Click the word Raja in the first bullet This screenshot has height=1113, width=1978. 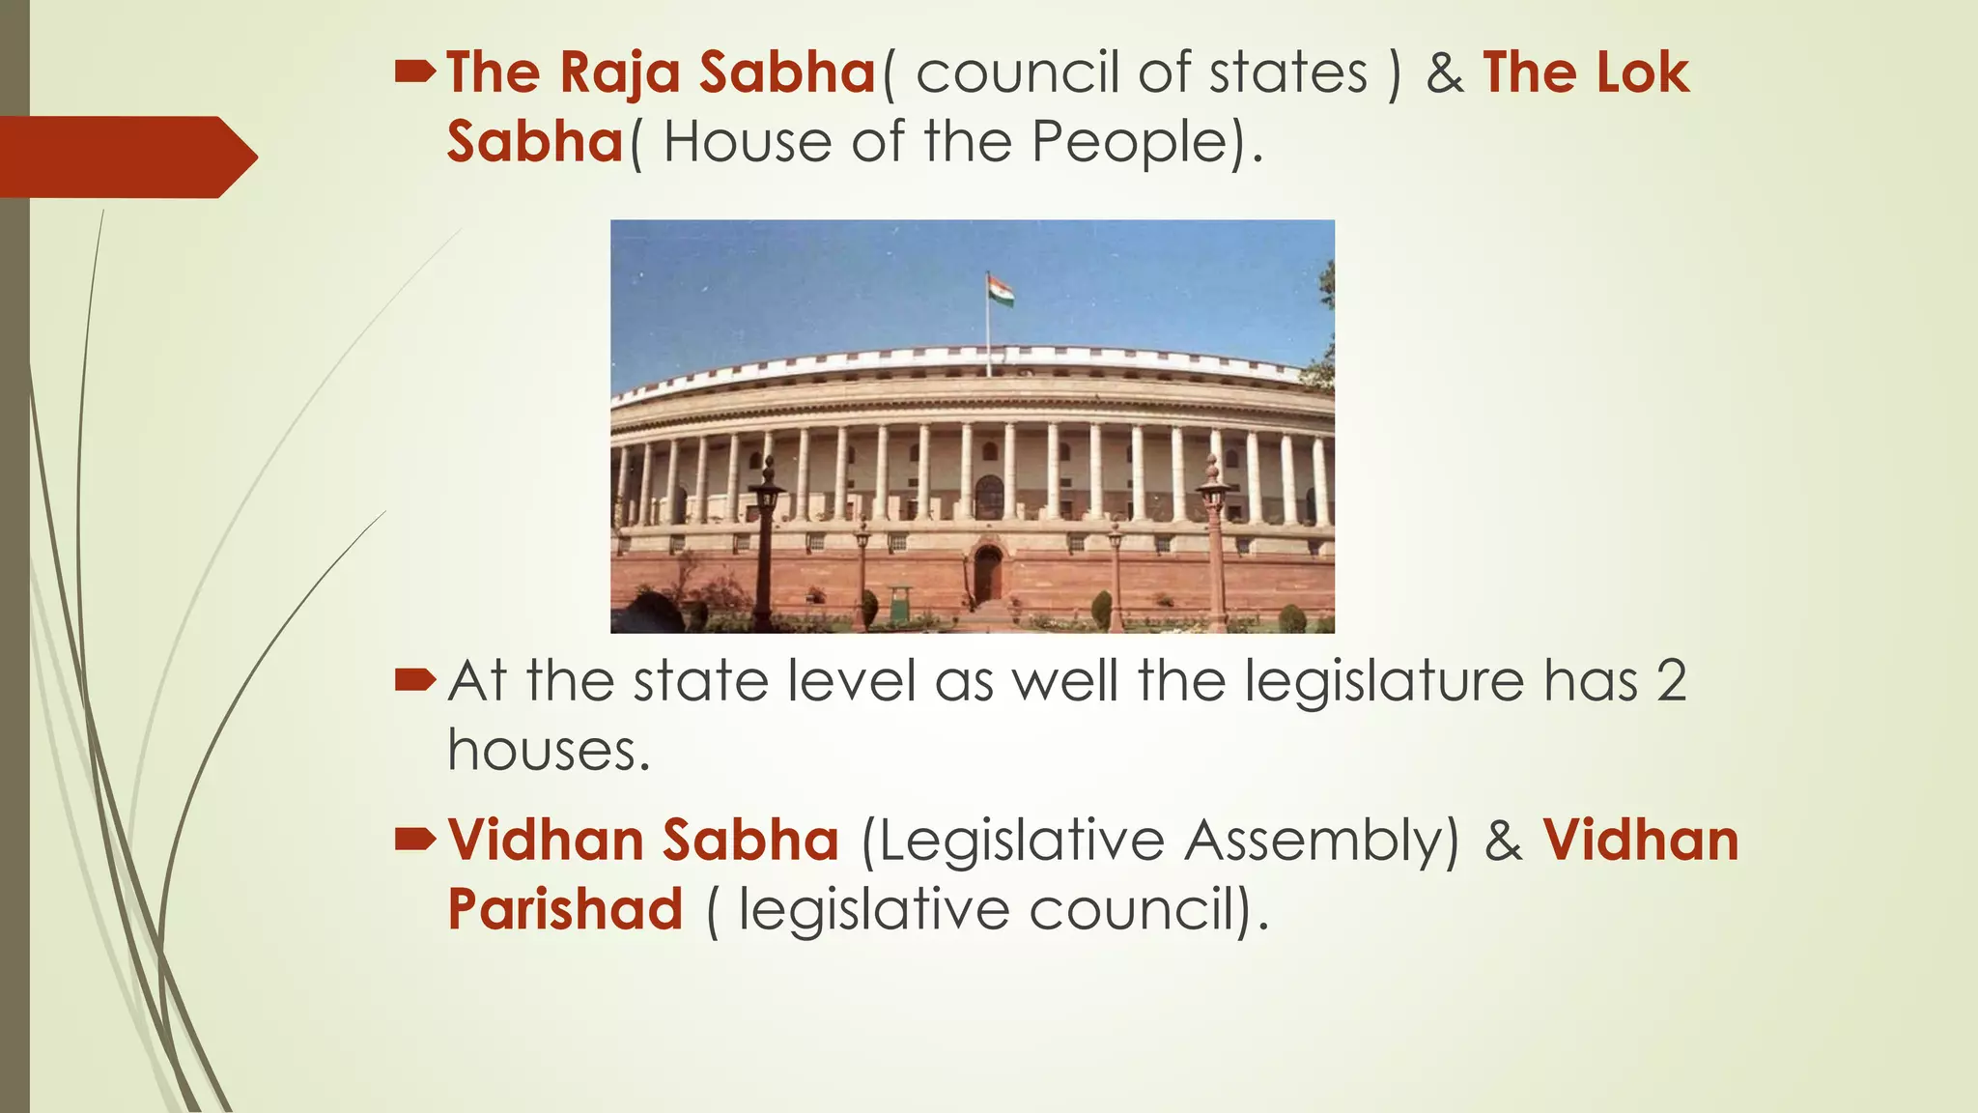(x=620, y=73)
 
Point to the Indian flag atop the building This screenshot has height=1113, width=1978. (x=1000, y=291)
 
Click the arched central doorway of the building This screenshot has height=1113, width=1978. (x=987, y=573)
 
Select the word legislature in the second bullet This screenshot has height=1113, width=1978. (x=1384, y=682)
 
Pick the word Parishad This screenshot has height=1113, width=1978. (x=566, y=910)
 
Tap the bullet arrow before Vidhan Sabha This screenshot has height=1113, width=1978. (x=415, y=839)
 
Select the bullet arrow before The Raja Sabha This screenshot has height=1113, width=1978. (x=415, y=71)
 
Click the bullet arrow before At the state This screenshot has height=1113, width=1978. (x=415, y=680)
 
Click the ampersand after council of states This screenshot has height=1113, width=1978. (x=1444, y=73)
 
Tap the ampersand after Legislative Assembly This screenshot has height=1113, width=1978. (x=1503, y=842)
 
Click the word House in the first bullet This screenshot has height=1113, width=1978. (x=747, y=143)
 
